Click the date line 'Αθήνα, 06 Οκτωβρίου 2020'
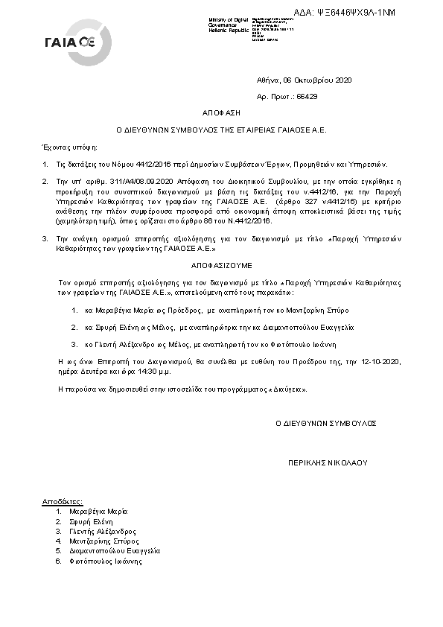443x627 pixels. tap(304, 80)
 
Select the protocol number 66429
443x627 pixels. tap(307, 96)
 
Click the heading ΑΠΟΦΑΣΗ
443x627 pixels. tap(221, 113)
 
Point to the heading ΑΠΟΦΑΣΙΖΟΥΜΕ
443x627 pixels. tap(221, 264)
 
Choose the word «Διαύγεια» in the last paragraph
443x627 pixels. tap(284, 389)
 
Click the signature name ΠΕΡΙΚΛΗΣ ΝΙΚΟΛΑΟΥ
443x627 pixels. tap(328, 462)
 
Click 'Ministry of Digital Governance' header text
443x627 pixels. tap(232, 22)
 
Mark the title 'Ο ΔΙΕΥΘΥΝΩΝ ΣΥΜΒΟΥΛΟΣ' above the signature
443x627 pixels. tap(326, 422)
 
